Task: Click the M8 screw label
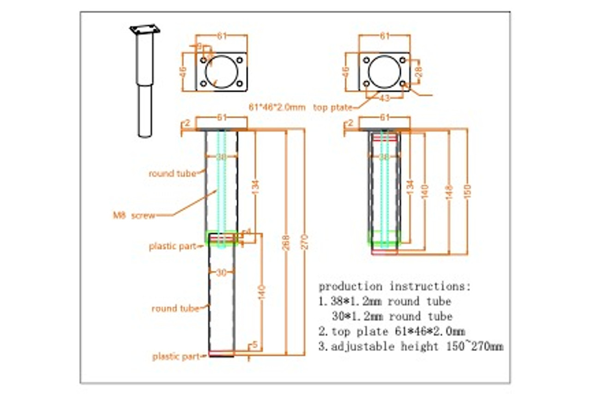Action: pyautogui.click(x=134, y=215)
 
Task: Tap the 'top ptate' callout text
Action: pyautogui.click(x=332, y=108)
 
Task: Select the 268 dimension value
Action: pyautogui.click(x=286, y=242)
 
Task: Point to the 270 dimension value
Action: pyautogui.click(x=305, y=242)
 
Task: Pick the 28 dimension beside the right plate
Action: pyautogui.click(x=418, y=72)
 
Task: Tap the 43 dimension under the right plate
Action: pyautogui.click(x=384, y=98)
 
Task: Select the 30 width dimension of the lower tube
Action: pyautogui.click(x=222, y=273)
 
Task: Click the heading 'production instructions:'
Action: pyautogui.click(x=395, y=286)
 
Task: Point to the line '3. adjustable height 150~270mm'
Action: pyautogui.click(x=410, y=346)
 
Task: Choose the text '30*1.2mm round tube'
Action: pyautogui.click(x=392, y=316)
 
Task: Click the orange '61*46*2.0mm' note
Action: pyautogui.click(x=277, y=107)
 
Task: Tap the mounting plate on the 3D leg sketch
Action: pyautogui.click(x=145, y=30)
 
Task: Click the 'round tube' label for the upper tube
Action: pyautogui.click(x=172, y=174)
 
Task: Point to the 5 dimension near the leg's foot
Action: pyautogui.click(x=254, y=346)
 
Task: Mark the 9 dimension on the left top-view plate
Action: pyautogui.click(x=199, y=46)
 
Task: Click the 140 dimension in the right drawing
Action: pyautogui.click(x=425, y=191)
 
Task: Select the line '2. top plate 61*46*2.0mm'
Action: pyautogui.click(x=392, y=331)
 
